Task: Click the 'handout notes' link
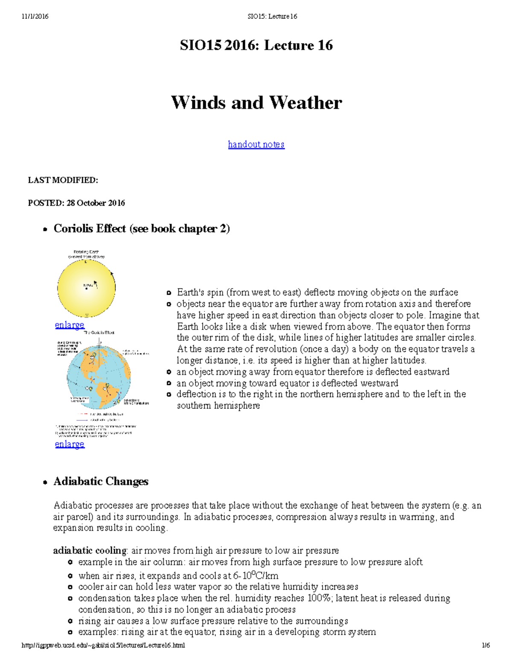tap(256, 145)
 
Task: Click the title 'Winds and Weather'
tap(256, 103)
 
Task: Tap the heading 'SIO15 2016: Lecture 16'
tap(256, 45)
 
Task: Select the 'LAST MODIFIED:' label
tap(63, 180)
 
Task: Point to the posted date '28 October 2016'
tap(96, 203)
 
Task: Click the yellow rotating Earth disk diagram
tap(87, 288)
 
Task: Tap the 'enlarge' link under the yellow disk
tap(70, 325)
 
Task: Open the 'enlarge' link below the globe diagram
tap(70, 444)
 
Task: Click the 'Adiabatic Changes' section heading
tap(101, 482)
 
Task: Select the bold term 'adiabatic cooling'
tap(90, 550)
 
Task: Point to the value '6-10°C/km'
tap(256, 575)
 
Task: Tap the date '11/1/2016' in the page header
tap(35, 16)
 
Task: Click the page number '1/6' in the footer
tap(486, 645)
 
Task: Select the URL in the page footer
tap(103, 645)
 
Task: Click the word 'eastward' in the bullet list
tap(431, 372)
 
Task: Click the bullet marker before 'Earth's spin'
tap(169, 293)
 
